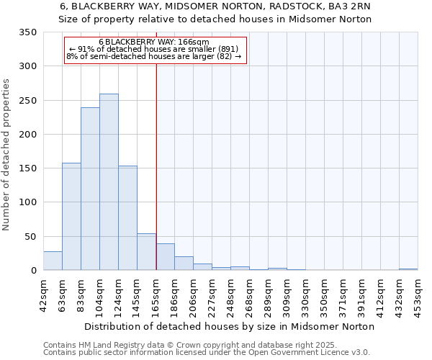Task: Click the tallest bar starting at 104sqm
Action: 109,182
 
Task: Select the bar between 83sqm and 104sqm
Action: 90,189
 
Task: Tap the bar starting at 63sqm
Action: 71,217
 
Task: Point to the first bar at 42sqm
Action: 53,261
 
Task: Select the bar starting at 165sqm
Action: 165,257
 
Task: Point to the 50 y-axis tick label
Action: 30,236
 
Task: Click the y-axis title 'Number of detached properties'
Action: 7,155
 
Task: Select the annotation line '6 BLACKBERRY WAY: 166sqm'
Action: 154,42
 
